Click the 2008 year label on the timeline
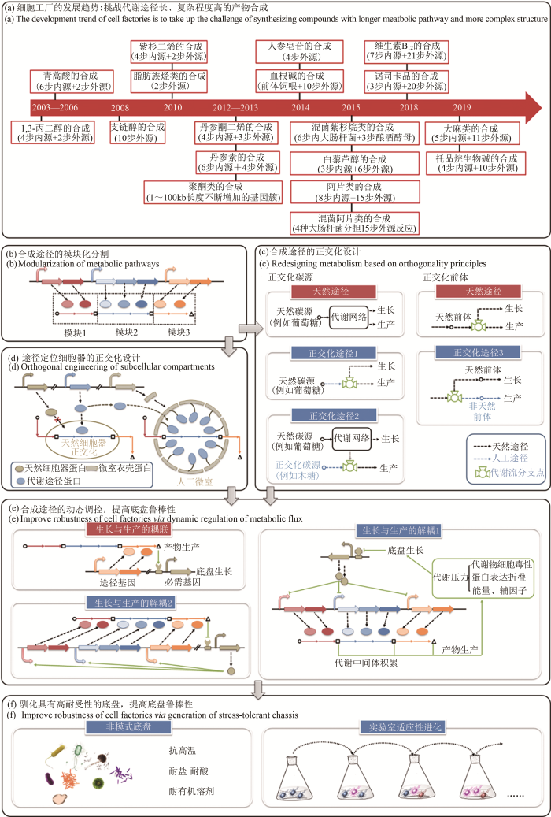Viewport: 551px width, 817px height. coord(120,108)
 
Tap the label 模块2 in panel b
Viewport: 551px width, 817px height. coord(127,331)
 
